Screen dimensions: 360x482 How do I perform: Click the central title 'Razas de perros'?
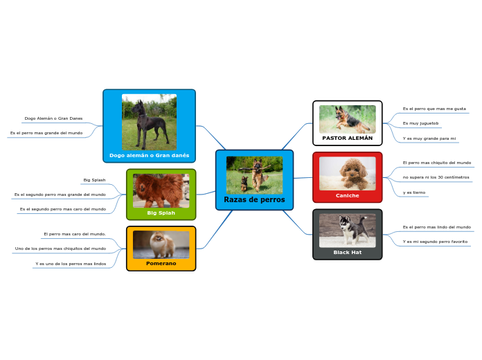pyautogui.click(x=254, y=199)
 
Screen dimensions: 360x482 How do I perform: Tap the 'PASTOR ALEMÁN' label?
pyautogui.click(x=347, y=138)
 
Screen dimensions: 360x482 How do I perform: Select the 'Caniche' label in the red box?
pyautogui.click(x=347, y=195)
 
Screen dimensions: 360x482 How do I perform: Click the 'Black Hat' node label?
pyautogui.click(x=347, y=252)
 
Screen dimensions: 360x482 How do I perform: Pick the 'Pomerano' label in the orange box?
pyautogui.click(x=161, y=263)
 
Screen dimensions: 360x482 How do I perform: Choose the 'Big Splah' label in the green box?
pyautogui.click(x=161, y=213)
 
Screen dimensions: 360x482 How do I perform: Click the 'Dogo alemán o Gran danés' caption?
pyautogui.click(x=149, y=155)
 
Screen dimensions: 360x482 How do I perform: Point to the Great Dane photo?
pyautogui.click(x=149, y=122)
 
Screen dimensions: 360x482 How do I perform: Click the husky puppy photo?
pyautogui.click(x=347, y=230)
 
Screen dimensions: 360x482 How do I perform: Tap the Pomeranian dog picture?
pyautogui.click(x=161, y=244)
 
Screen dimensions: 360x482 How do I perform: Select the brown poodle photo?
pyautogui.click(x=347, y=173)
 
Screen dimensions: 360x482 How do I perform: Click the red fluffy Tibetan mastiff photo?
pyautogui.click(x=161, y=190)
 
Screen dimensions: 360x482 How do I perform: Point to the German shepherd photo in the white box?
pyautogui.click(x=347, y=118)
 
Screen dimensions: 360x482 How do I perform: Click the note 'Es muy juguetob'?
pyautogui.click(x=420, y=123)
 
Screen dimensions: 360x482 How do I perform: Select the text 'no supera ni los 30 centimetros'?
pyautogui.click(x=436, y=177)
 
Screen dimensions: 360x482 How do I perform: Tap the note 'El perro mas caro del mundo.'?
pyautogui.click(x=74, y=234)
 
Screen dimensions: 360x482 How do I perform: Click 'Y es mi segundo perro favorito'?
pyautogui.click(x=435, y=242)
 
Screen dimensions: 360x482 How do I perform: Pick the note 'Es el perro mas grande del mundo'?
pyautogui.click(x=46, y=132)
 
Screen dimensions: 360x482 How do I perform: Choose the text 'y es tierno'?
pyautogui.click(x=414, y=192)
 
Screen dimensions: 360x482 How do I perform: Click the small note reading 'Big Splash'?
pyautogui.click(x=94, y=180)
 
